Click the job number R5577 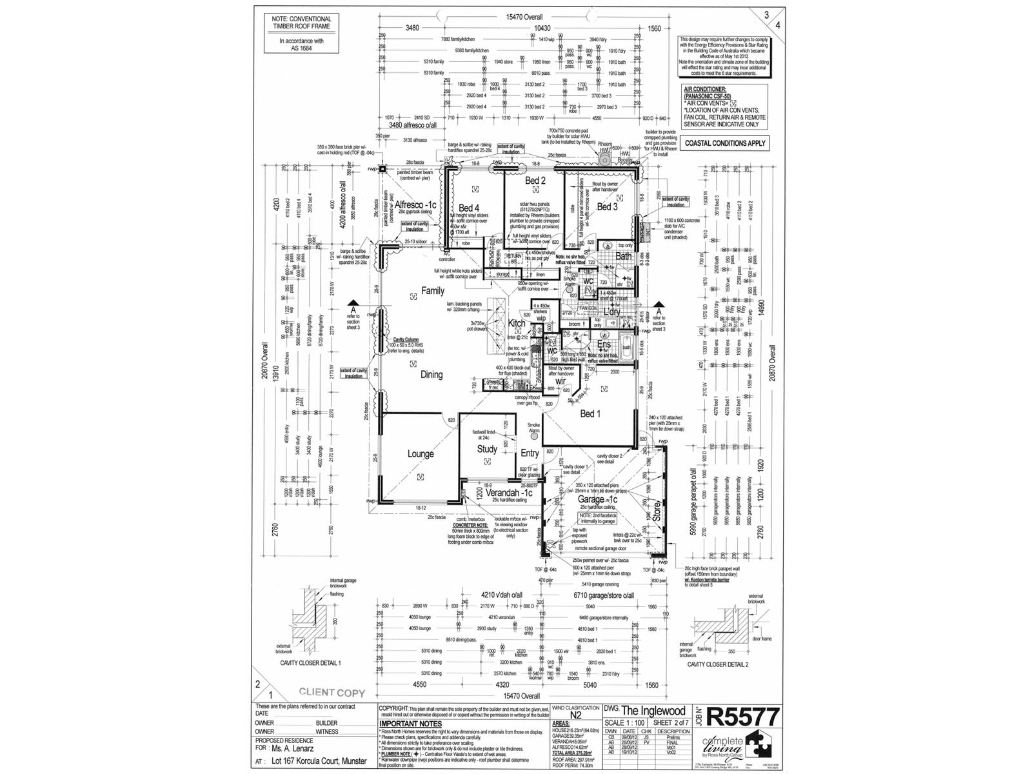point(744,717)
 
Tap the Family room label point(433,291)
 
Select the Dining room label point(432,374)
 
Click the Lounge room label point(421,454)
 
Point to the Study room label point(487,449)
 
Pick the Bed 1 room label point(590,413)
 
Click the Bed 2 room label point(535,181)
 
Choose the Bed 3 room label point(607,206)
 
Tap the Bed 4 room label point(469,208)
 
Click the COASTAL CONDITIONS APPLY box point(726,143)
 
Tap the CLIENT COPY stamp point(332,693)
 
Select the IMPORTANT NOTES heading point(405,724)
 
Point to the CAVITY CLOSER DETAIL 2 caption point(718,664)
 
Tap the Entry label point(530,453)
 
